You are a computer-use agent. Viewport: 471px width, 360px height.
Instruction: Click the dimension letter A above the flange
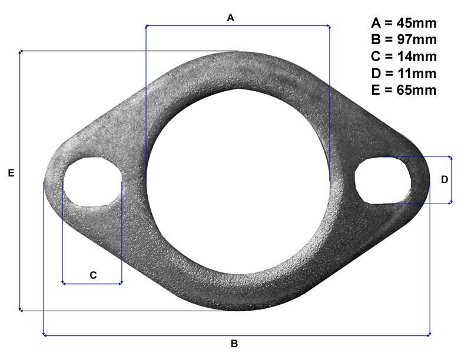click(231, 18)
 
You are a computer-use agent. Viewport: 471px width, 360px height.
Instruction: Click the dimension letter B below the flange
click(234, 344)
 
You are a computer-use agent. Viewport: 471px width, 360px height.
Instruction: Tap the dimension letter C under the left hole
click(93, 275)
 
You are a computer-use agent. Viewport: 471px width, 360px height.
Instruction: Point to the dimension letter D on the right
click(445, 179)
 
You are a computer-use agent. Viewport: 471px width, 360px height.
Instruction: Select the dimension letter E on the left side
click(11, 174)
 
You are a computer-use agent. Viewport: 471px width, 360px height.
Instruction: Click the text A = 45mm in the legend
click(404, 24)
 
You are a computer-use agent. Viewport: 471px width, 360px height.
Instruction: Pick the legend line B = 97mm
click(404, 40)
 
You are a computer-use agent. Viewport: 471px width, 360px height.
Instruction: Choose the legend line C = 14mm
click(404, 56)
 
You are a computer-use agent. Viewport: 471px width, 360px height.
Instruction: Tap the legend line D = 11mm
click(404, 74)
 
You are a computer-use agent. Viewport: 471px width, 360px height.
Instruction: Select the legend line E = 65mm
click(404, 90)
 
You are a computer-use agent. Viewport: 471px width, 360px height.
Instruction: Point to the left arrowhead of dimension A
click(147, 26)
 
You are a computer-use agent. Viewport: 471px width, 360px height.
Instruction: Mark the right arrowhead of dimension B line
click(428, 335)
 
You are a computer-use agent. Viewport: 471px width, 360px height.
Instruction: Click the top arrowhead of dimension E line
click(21, 53)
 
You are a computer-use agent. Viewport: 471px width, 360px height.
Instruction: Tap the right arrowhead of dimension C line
click(120, 284)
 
